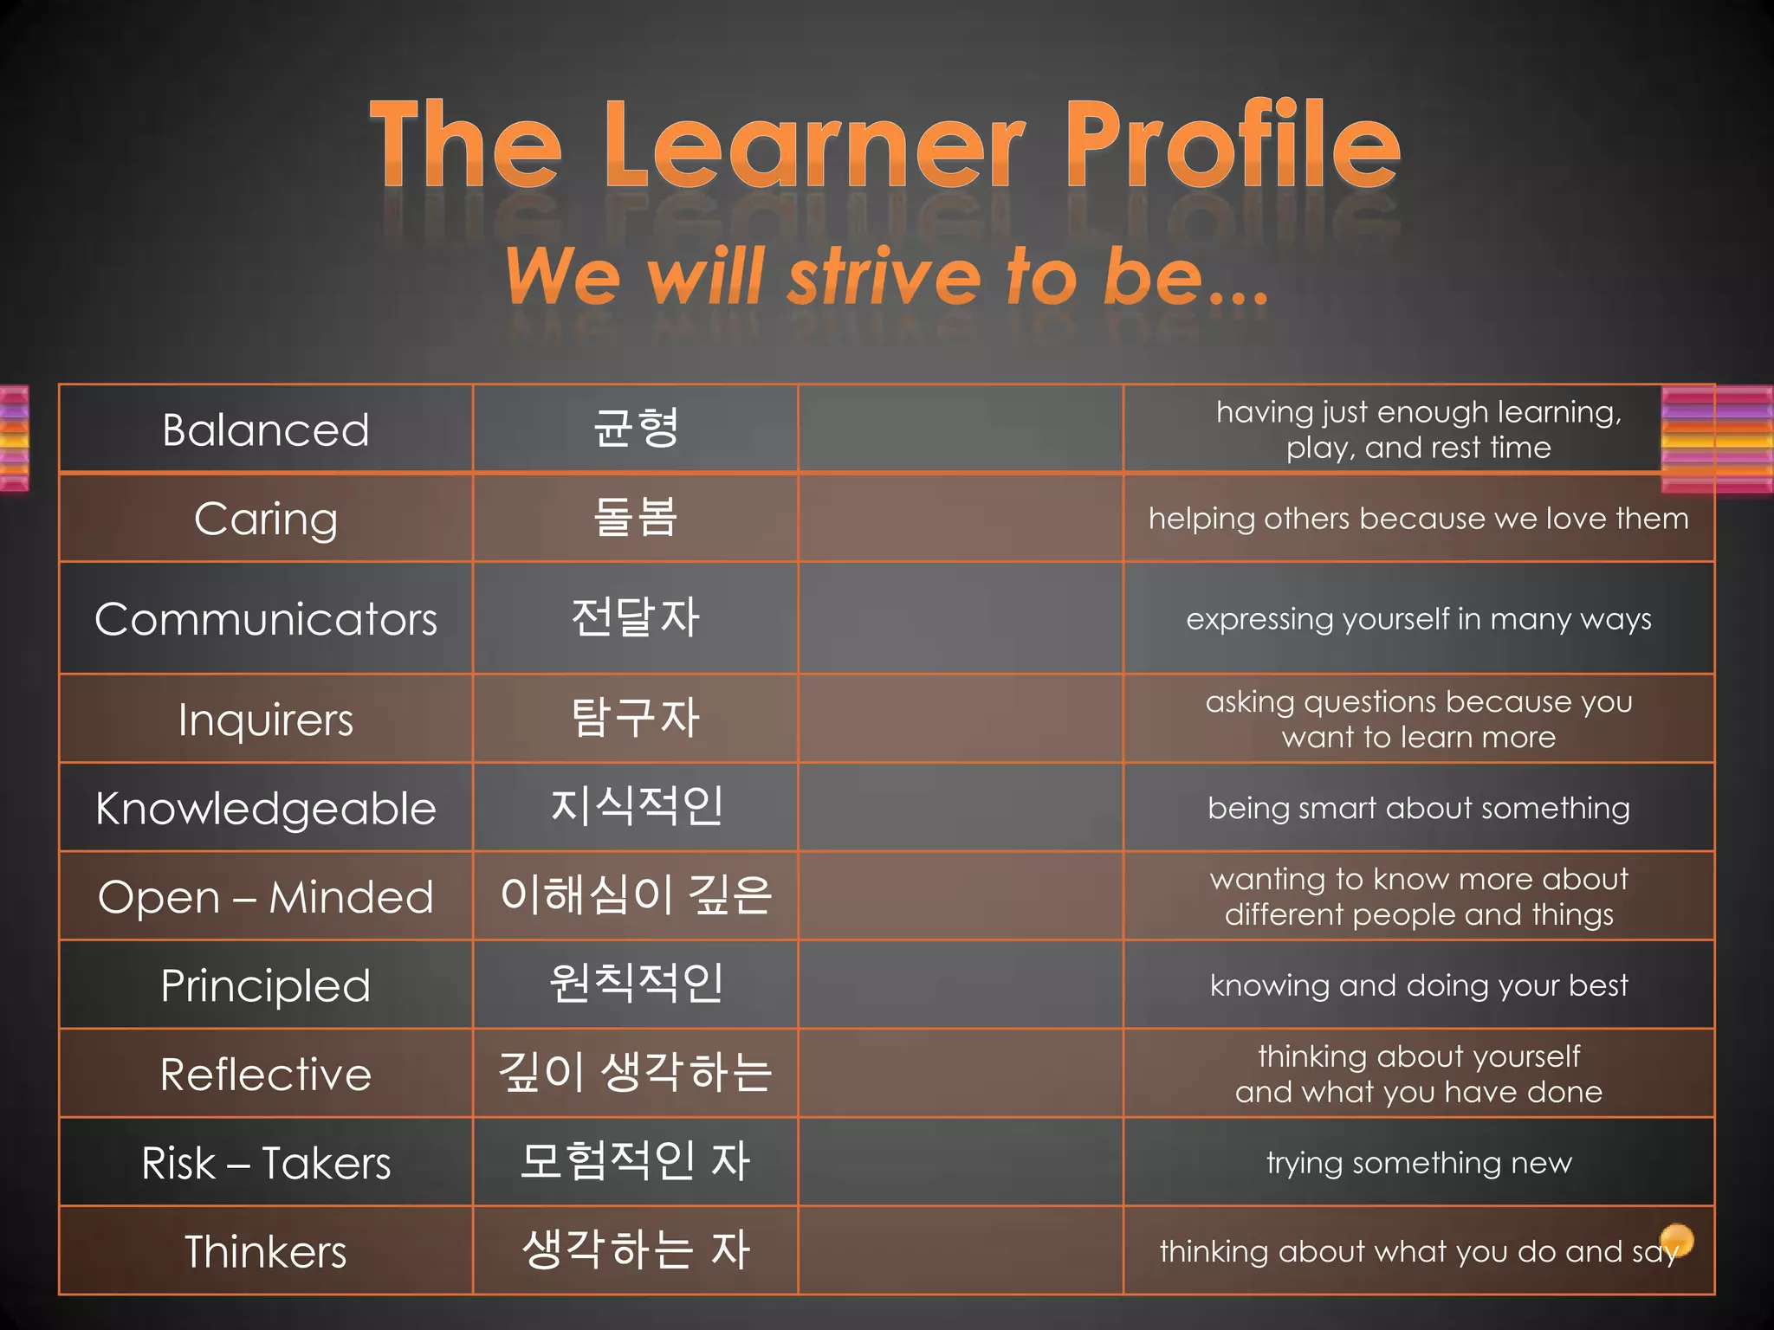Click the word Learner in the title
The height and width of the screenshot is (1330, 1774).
coord(814,145)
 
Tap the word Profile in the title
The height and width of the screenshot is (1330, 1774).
coord(1232,145)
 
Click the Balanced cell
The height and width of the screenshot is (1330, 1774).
coord(266,430)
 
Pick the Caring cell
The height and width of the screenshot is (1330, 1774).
coord(266,520)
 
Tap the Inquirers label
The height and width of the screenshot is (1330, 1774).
coord(266,720)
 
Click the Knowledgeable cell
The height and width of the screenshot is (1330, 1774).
coord(266,809)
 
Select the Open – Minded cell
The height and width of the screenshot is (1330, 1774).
coord(266,897)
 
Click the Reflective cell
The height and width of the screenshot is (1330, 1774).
coord(266,1075)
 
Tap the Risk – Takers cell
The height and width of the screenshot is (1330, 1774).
coord(266,1163)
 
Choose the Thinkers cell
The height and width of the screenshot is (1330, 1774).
coord(266,1252)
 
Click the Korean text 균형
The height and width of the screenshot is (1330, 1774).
coord(636,429)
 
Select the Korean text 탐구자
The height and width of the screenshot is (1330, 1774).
coord(636,719)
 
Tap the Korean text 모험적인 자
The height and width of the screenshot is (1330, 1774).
coord(636,1161)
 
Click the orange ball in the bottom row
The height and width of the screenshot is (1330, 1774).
coord(1677,1239)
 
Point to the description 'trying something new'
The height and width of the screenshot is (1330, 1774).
coord(1419,1163)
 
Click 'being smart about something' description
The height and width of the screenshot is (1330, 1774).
coord(1419,809)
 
